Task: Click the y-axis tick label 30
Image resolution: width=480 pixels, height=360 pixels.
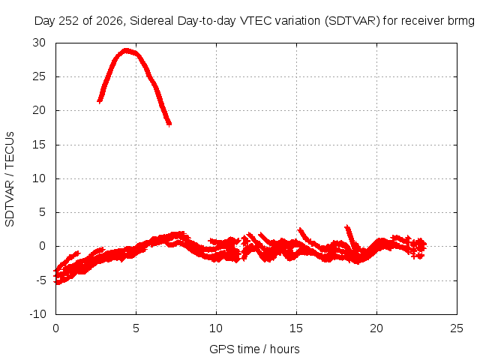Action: point(39,43)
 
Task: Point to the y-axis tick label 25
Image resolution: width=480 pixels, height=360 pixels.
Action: point(39,76)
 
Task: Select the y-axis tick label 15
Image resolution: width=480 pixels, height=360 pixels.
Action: point(39,145)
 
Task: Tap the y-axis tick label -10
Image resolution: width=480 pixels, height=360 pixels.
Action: point(37,314)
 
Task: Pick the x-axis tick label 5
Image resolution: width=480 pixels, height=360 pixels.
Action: point(136,328)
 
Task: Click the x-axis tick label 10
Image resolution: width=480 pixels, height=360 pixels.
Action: point(216,328)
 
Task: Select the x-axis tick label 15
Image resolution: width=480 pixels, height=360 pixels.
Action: point(296,328)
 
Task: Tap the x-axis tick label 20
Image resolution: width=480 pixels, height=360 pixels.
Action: point(376,328)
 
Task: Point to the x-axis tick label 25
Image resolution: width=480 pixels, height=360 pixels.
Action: point(457,328)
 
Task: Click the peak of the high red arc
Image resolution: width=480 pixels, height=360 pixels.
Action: point(125,51)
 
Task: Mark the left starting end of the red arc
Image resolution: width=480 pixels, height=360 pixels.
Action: point(99,100)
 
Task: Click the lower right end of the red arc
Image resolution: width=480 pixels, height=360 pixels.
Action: point(169,124)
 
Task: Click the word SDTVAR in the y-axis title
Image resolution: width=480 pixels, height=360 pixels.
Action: point(10,204)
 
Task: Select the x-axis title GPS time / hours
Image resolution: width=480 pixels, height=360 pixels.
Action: point(254,349)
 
